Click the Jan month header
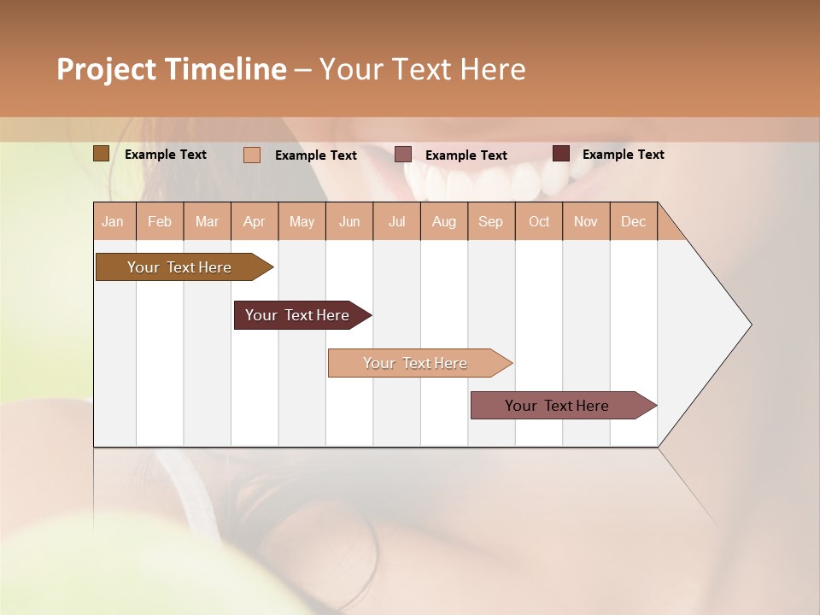pos(114,222)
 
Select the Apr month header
pos(255,222)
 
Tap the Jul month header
pos(396,222)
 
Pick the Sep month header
pos(490,222)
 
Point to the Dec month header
pos(633,222)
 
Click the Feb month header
pos(160,222)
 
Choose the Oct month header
pos(539,222)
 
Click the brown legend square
pos(101,154)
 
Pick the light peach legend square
pos(251,155)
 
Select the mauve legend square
pos(403,155)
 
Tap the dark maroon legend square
pos(560,154)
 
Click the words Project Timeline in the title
pos(171,69)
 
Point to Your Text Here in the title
pos(422,69)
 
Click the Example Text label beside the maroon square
pos(623,155)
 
